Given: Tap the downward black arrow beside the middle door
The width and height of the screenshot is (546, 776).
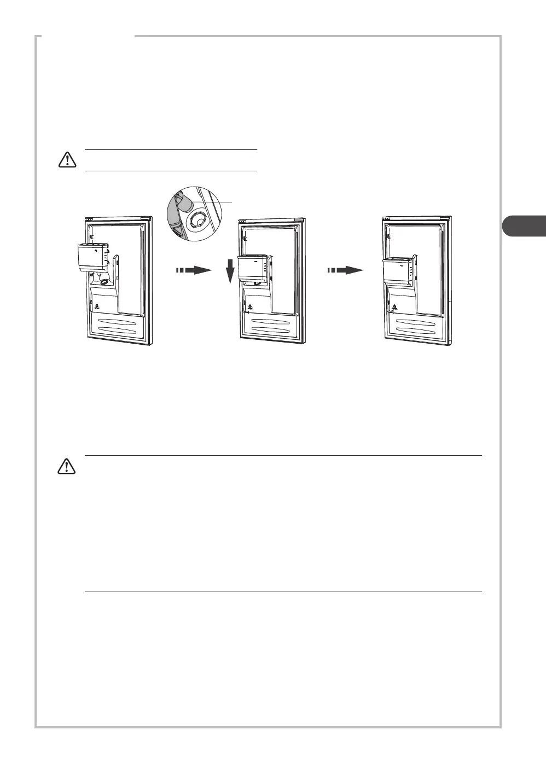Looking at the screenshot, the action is pos(230,270).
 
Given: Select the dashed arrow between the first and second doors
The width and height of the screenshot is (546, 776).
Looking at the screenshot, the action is pos(194,270).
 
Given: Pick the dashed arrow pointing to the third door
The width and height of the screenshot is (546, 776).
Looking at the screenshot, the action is pos(346,270).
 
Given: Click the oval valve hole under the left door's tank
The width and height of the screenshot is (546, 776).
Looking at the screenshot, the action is pos(103,283).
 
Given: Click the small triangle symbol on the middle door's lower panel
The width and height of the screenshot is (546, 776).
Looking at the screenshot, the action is pos(249,305).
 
